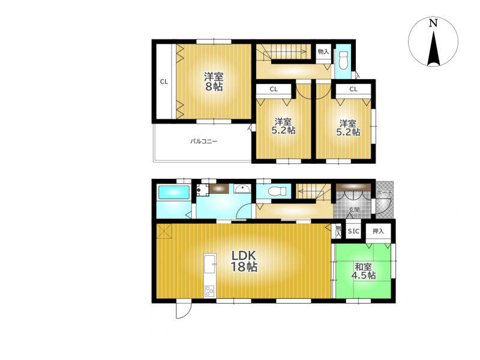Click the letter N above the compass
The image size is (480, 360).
click(433, 23)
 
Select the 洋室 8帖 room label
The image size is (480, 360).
click(214, 82)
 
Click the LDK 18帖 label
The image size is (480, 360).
click(244, 261)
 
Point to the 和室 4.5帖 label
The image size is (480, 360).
click(364, 271)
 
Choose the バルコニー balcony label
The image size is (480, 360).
click(203, 142)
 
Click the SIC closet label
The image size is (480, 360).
click(353, 231)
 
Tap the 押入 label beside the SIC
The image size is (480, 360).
click(379, 231)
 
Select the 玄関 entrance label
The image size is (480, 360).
click(354, 210)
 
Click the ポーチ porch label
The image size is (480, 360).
click(384, 193)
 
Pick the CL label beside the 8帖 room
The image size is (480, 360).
click(164, 82)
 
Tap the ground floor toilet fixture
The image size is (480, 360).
click(277, 191)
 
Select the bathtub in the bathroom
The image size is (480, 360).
click(173, 193)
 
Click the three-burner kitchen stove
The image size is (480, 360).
click(210, 291)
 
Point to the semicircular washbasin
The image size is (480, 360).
click(242, 188)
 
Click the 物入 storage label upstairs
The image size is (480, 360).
click(323, 52)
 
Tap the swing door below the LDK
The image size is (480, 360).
click(184, 310)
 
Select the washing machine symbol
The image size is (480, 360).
click(202, 190)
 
